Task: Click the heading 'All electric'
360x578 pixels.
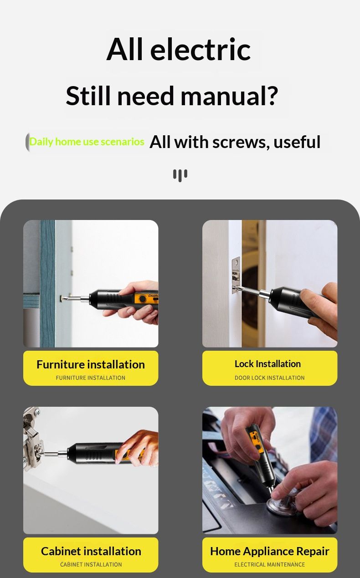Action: pos(179,49)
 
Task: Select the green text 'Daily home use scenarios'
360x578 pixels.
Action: pos(87,142)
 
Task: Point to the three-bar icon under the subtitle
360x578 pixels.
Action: pos(180,175)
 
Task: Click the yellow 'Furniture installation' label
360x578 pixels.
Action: pos(91,368)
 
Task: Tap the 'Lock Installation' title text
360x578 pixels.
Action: pos(267,364)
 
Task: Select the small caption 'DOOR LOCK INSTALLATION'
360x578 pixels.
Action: pos(270,378)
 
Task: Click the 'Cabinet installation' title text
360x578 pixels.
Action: pos(91,551)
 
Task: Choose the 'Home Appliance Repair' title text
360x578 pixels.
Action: pos(270,551)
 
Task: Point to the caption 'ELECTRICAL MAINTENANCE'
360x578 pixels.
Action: pos(270,565)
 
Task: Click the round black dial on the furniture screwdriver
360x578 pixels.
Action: pos(142,299)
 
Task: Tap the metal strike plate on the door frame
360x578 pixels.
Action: pos(236,275)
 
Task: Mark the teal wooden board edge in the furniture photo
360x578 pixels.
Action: pos(47,283)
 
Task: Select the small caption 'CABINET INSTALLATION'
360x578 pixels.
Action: pos(91,565)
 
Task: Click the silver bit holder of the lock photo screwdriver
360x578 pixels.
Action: pos(265,293)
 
